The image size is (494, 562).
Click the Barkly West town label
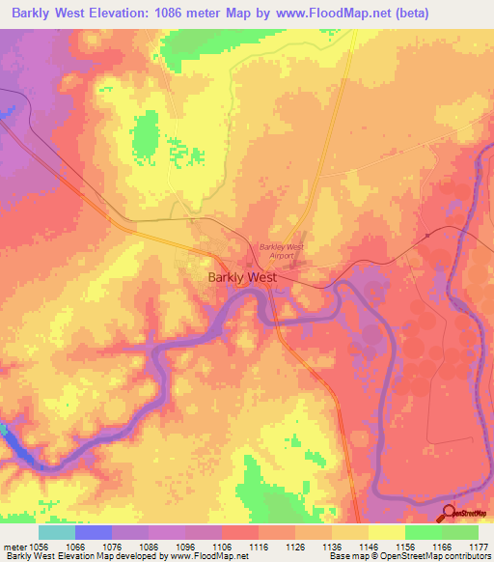click(x=242, y=277)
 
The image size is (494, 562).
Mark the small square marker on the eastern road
click(x=426, y=235)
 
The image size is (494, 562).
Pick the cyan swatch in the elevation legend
click(x=56, y=532)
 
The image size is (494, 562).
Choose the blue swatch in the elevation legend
click(x=94, y=532)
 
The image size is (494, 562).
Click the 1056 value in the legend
click(x=39, y=546)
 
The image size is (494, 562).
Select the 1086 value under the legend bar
click(x=148, y=546)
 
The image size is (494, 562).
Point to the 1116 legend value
click(x=258, y=546)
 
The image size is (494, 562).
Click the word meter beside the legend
click(x=14, y=546)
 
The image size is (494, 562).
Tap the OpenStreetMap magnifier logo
click(x=449, y=513)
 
